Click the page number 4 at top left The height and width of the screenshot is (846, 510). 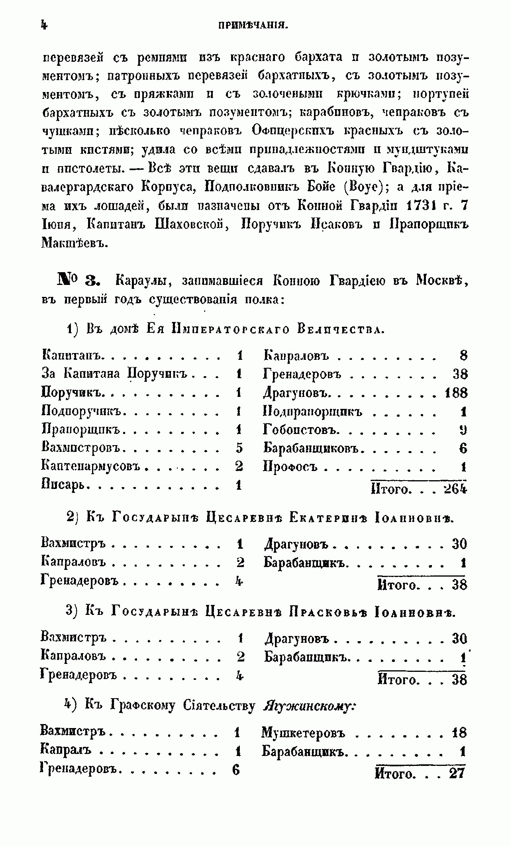point(44,25)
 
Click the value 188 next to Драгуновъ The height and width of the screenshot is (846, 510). point(456,393)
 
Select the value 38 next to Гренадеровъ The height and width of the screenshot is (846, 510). point(460,374)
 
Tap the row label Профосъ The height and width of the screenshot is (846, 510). point(290,467)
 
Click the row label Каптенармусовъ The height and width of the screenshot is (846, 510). point(92,466)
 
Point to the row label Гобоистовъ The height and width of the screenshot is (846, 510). point(301,430)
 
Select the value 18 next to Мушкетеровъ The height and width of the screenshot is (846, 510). point(459,732)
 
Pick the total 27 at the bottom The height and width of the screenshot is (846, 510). point(457,773)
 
